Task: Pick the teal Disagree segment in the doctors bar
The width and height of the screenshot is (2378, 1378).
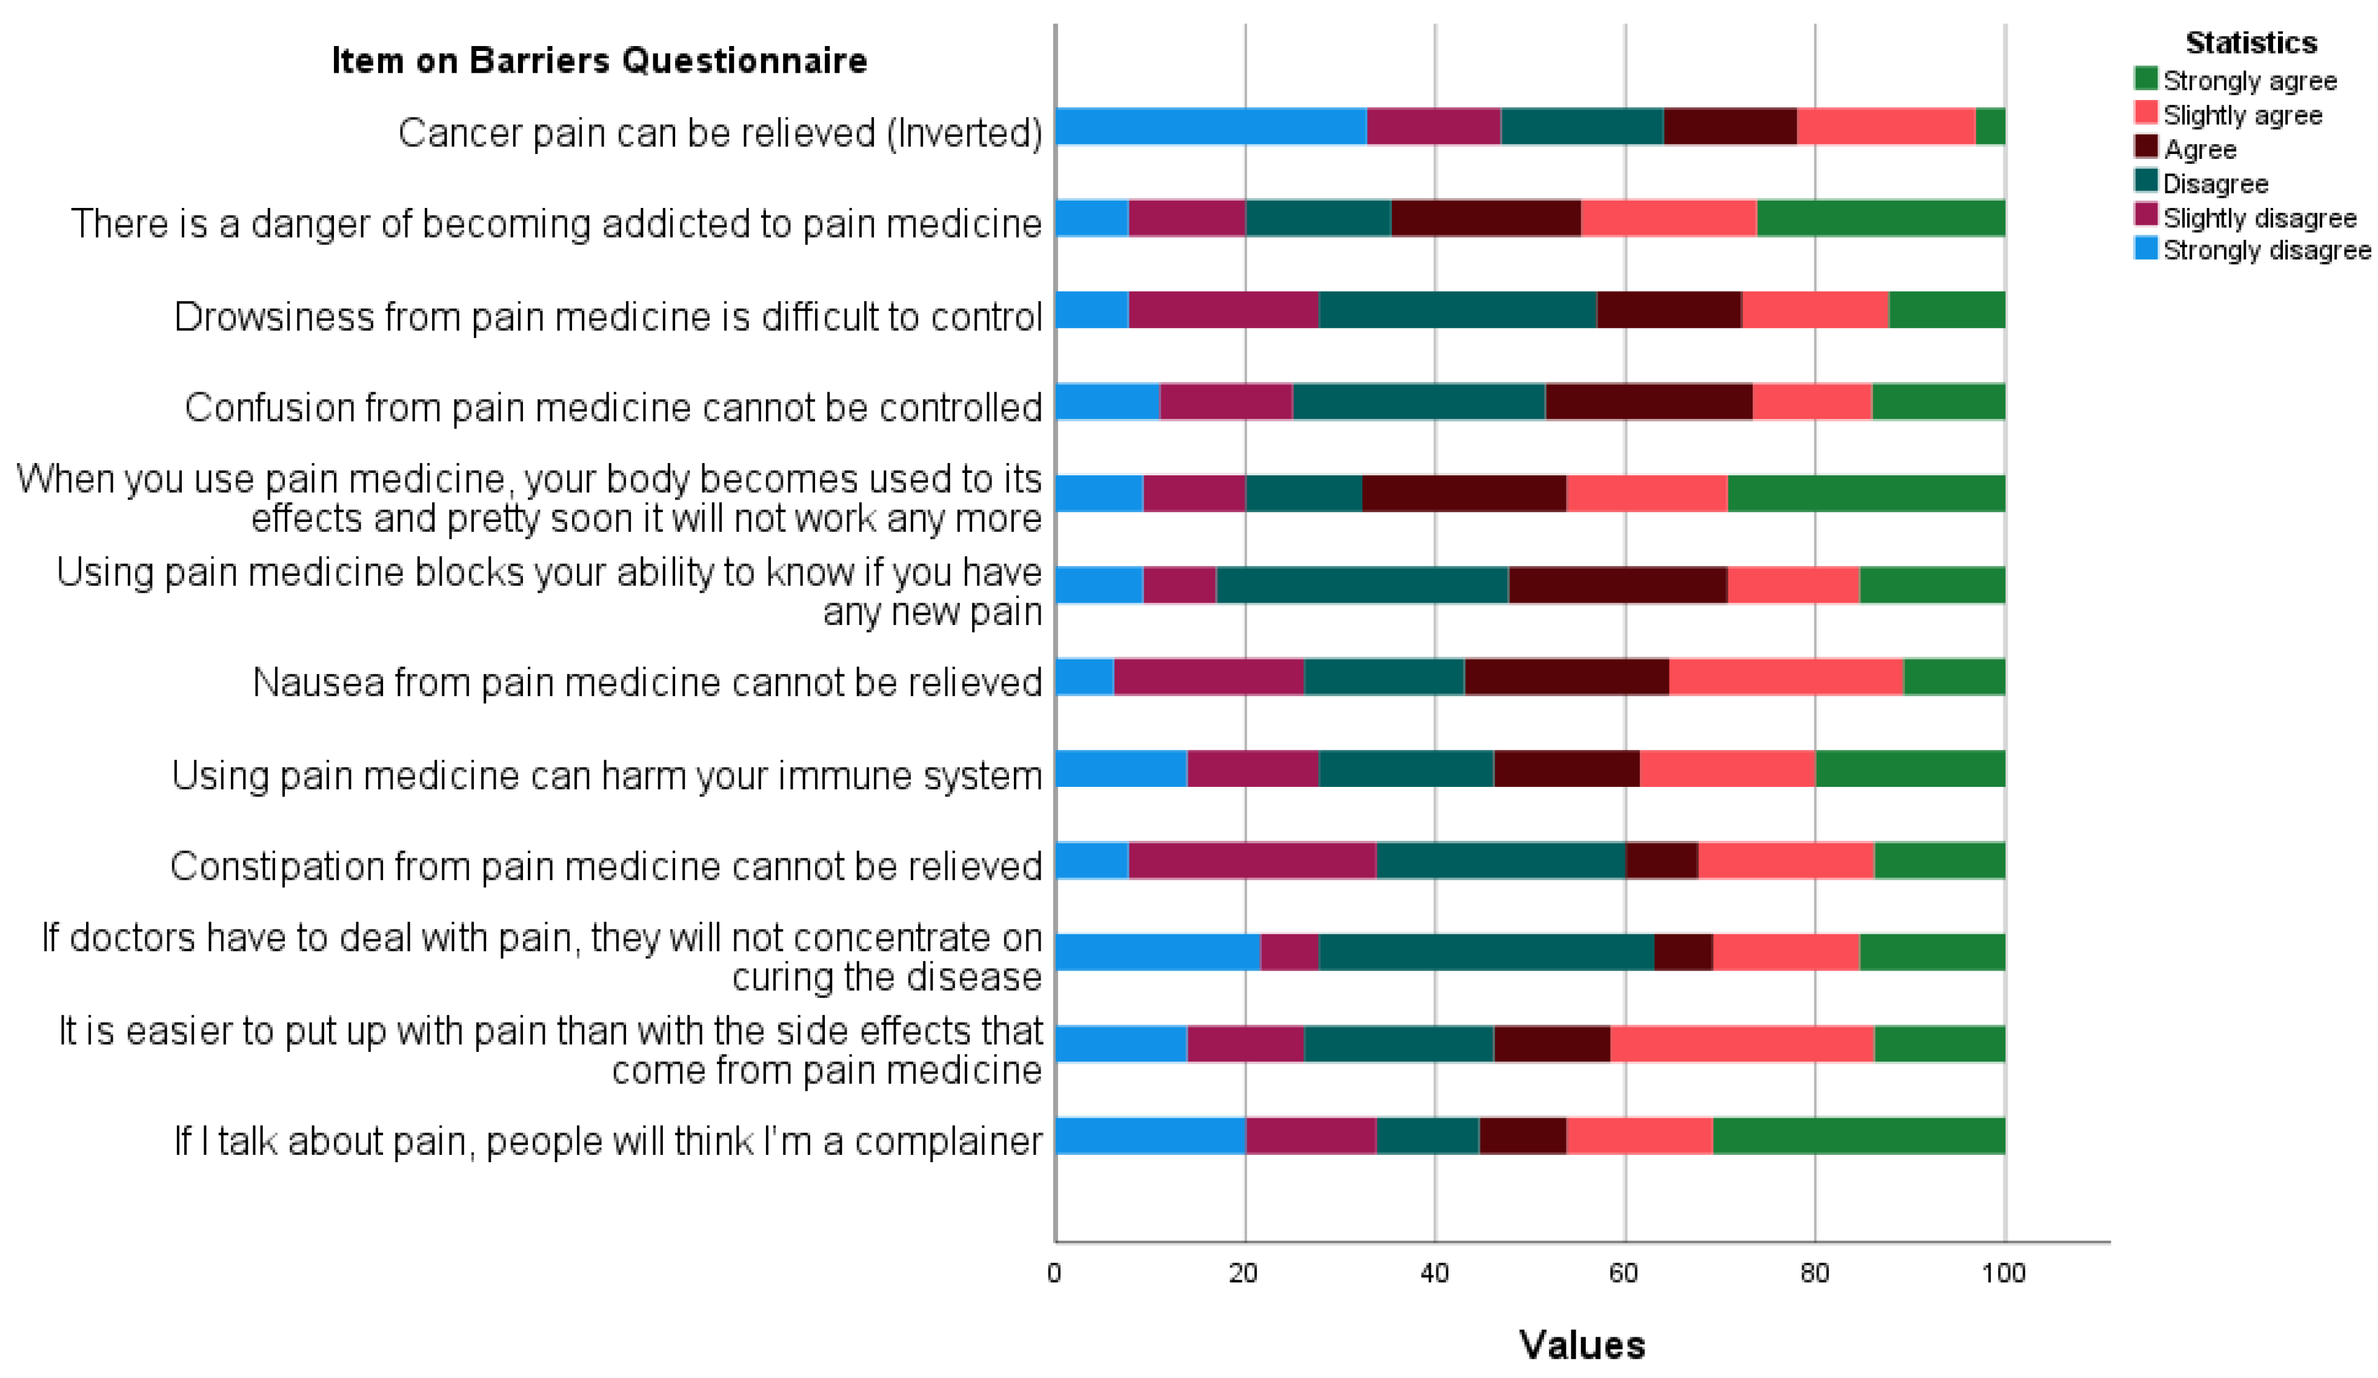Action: point(1485,951)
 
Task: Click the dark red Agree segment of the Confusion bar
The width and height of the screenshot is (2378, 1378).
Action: point(1648,402)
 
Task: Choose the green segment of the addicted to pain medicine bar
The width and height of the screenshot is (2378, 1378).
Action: point(1880,218)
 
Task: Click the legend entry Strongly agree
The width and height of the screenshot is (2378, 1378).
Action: point(2249,81)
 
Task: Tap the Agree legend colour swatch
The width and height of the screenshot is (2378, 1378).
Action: point(2145,147)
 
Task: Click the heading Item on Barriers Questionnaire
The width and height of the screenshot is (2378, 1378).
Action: point(599,61)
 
